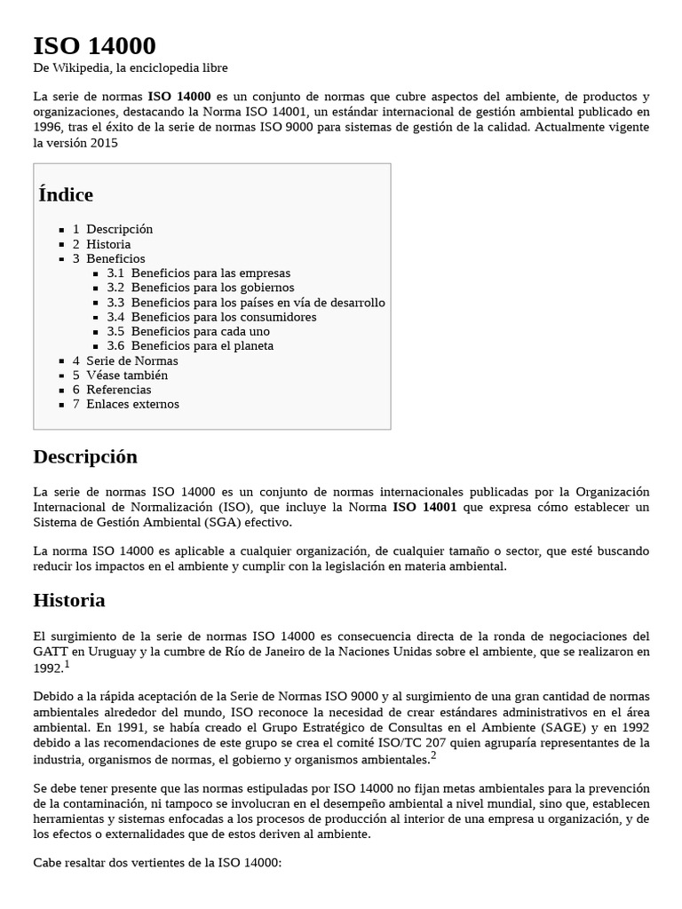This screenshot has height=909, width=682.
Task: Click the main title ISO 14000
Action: (x=94, y=46)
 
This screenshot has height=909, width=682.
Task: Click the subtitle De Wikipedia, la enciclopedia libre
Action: (x=131, y=68)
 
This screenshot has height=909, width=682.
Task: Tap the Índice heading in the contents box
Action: (x=66, y=194)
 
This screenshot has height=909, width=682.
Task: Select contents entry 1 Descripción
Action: (x=113, y=229)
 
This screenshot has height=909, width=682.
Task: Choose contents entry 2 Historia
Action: (x=101, y=244)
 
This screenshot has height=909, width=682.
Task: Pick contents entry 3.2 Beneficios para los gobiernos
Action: (x=200, y=288)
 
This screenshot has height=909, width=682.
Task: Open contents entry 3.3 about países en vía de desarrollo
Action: (x=245, y=303)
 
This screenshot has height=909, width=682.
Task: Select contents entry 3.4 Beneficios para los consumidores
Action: (x=211, y=317)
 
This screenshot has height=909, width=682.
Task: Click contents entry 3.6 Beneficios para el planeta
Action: (x=190, y=346)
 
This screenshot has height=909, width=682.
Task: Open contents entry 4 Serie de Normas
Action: (x=125, y=360)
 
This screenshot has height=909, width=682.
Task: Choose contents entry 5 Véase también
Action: (x=120, y=375)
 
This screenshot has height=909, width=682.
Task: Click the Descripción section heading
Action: (x=85, y=457)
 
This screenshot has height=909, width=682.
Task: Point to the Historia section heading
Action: (x=69, y=601)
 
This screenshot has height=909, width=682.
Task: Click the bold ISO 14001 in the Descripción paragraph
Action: (x=425, y=508)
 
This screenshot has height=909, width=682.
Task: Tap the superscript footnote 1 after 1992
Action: (x=67, y=664)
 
